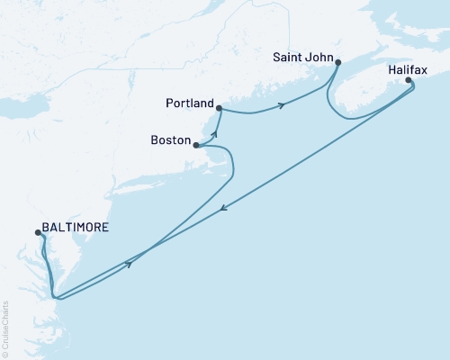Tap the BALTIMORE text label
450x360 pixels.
pos(76,229)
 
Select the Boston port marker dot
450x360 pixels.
pos(196,145)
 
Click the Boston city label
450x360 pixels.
pos(172,141)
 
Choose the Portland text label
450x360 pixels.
pos(188,103)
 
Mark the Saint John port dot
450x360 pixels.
pos(337,62)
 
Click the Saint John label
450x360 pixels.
pos(301,57)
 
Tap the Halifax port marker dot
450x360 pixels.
pos(409,81)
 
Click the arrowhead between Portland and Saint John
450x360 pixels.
pos(283,106)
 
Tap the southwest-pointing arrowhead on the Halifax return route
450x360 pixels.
pos(224,210)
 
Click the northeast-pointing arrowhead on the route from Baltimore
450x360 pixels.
pos(131,264)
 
